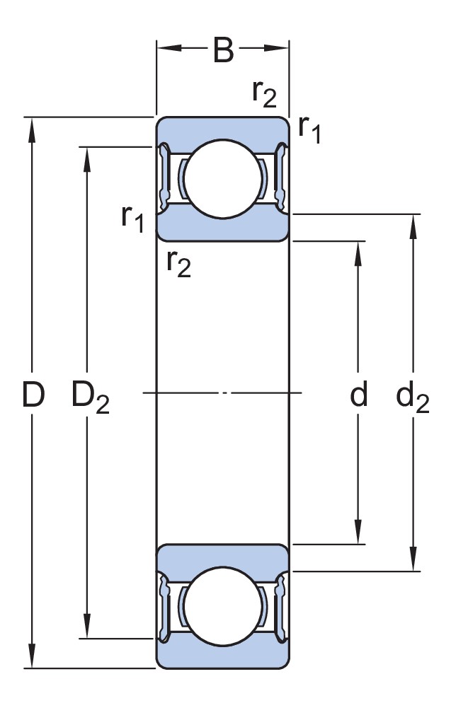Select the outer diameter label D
[x=33, y=395]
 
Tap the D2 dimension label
[x=90, y=397]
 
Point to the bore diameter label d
[x=359, y=395]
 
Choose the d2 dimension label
[x=412, y=397]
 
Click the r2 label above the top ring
[x=263, y=93]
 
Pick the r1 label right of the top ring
[x=309, y=129]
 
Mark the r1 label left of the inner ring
[x=132, y=219]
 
